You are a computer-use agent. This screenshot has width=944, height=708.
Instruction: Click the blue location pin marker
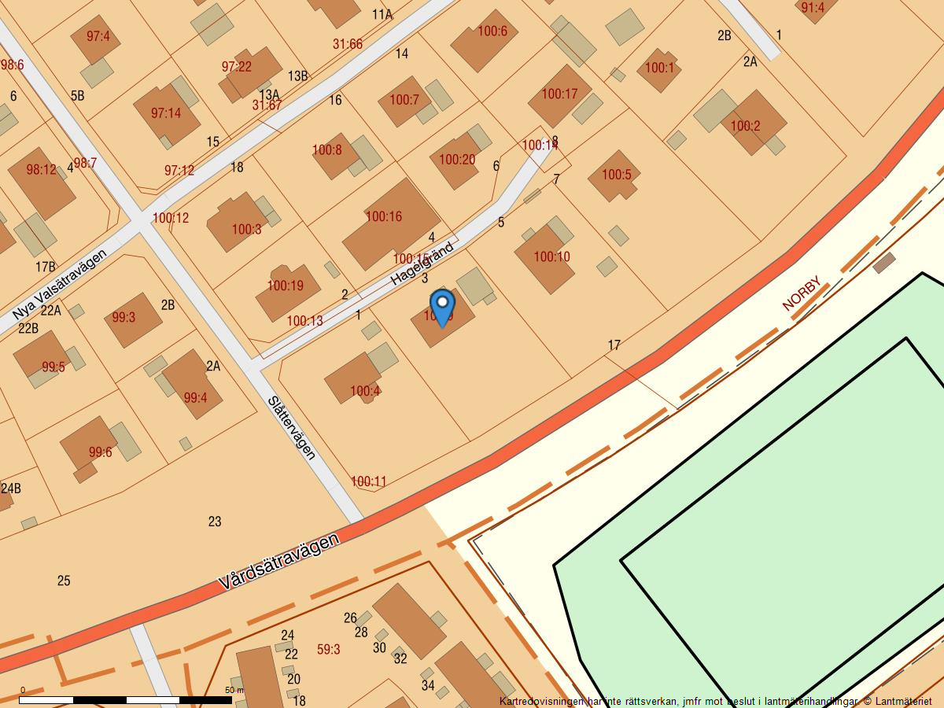pos(443,307)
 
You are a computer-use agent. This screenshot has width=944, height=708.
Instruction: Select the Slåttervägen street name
pos(292,426)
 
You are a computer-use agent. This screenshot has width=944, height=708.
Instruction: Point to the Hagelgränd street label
pos(422,264)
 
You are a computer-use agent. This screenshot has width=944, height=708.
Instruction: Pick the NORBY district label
pos(802,293)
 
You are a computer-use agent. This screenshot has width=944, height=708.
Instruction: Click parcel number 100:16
pos(384,216)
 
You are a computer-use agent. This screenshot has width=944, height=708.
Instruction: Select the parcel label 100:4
pos(365,391)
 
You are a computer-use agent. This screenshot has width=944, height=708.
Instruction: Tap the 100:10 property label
pos(551,256)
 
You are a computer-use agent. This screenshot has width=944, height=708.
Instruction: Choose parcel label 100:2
pos(745,126)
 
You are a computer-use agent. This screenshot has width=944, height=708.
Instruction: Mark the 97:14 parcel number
pos(166,113)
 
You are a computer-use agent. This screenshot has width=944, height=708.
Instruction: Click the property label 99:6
pos(100,452)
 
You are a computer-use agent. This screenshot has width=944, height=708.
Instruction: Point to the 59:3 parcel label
pos(328,649)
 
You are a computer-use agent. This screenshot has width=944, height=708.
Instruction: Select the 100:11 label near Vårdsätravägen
pos(368,481)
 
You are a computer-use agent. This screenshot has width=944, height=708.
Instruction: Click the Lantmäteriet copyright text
pos(898,701)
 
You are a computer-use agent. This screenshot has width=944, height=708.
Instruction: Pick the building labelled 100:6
pos(492,32)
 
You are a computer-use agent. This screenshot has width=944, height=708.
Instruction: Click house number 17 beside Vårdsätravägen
pos(614,345)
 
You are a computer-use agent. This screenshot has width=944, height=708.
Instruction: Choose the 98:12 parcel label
pos(41,170)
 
